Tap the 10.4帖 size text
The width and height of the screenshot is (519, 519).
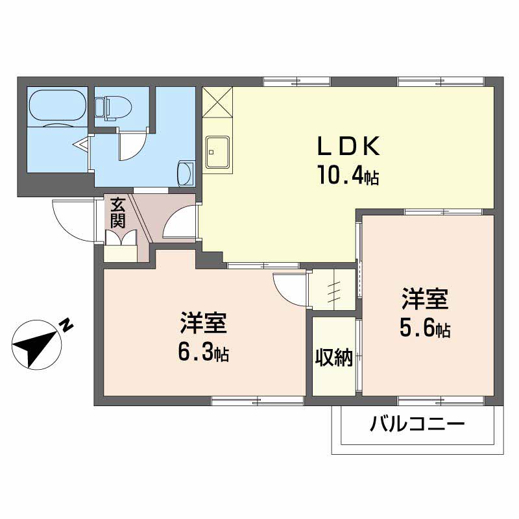(x=347, y=176)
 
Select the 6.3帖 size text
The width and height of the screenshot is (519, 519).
(x=202, y=354)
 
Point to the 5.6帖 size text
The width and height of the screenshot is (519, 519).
(x=424, y=330)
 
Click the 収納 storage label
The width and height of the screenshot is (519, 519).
(x=333, y=357)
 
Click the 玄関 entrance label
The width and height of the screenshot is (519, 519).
(x=117, y=213)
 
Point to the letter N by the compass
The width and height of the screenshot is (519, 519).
(x=67, y=325)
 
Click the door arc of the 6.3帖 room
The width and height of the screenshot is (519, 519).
(x=289, y=288)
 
